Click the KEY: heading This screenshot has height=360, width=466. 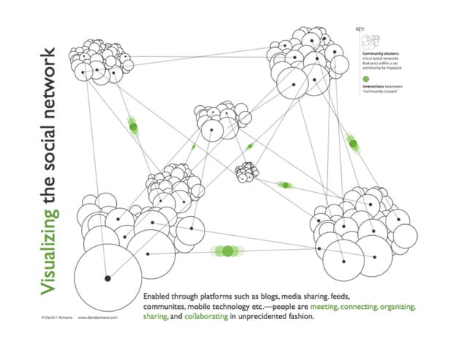[x=359, y=29]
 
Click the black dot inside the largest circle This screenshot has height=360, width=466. [x=107, y=278]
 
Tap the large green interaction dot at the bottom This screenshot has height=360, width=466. [x=228, y=251]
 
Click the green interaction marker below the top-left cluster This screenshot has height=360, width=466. [x=133, y=127]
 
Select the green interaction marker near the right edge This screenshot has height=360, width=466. [x=354, y=144]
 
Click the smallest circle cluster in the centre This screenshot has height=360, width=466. [x=246, y=172]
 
